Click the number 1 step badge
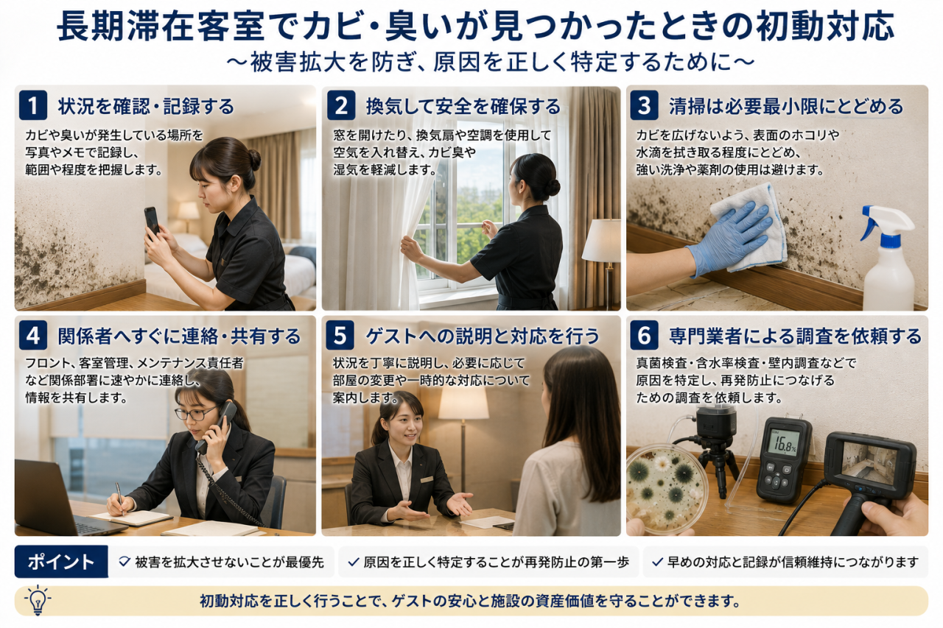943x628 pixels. [33, 105]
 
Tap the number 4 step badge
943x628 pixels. [33, 336]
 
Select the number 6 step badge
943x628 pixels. [644, 336]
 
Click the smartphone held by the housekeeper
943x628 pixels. [152, 222]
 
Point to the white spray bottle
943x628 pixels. [888, 257]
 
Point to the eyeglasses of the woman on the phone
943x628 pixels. [194, 413]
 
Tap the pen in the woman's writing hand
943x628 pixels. [120, 498]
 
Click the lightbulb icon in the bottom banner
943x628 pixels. [38, 600]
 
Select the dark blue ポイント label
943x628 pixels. [61, 562]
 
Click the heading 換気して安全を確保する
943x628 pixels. [463, 106]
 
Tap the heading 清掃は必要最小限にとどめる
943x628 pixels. [786, 106]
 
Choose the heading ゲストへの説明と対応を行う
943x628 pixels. [483, 336]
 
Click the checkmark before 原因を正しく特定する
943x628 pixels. [353, 562]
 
